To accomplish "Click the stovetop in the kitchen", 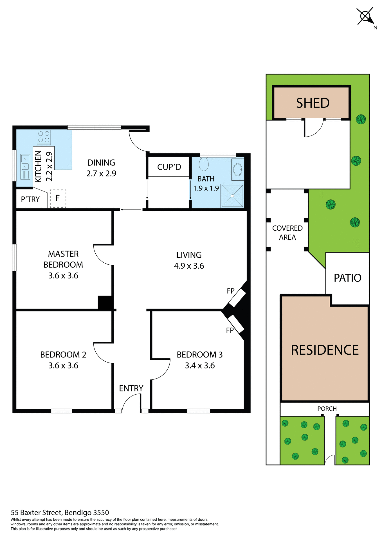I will click(44, 137).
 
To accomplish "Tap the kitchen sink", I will click(25, 166).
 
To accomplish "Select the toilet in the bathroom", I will click(204, 164).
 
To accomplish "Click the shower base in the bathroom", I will click(232, 196).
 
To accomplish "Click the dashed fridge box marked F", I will click(58, 199).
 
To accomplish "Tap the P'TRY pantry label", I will click(30, 199).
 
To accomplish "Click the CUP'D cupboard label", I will click(169, 167).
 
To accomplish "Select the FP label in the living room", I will click(231, 291).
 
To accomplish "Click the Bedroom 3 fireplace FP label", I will click(230, 330).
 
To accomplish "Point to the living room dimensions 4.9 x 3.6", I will click(189, 266).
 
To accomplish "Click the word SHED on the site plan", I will click(313, 103).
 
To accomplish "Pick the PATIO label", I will click(347, 278).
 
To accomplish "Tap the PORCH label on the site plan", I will click(327, 409).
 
